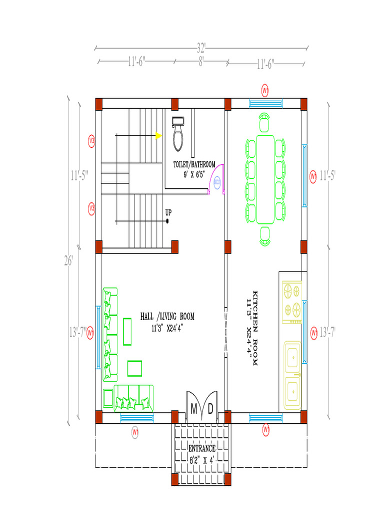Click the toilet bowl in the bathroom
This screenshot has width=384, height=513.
(178, 138)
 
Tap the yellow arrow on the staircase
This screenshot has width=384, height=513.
(158, 135)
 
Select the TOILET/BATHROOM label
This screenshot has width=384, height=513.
(194, 164)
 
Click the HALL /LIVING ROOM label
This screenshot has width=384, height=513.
(167, 317)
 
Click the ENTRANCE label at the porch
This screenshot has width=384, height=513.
(201, 448)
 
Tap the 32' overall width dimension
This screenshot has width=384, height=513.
(201, 48)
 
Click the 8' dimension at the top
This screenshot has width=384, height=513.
(201, 62)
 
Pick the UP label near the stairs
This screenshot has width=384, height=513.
(168, 212)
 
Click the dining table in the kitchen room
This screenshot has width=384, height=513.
(265, 179)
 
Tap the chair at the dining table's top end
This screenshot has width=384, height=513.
(264, 122)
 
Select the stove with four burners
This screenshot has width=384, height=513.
(292, 301)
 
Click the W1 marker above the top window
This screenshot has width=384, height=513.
(265, 90)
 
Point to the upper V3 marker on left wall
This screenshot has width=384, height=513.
(91, 140)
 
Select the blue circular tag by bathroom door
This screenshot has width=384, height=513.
(217, 182)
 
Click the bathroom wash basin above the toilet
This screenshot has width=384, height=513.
(178, 121)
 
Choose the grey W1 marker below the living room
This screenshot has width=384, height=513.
(135, 431)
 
